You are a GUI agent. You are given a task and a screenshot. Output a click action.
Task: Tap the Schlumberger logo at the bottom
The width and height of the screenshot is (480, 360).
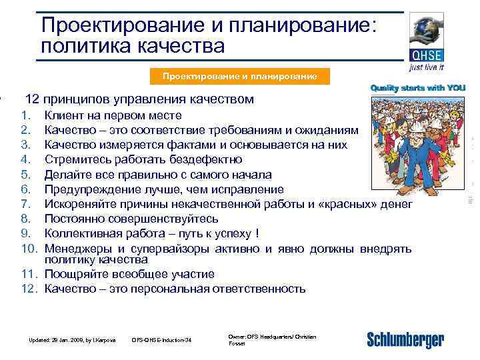tap(405, 339)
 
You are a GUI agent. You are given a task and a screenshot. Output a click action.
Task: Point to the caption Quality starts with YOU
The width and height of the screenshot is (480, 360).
tap(418, 88)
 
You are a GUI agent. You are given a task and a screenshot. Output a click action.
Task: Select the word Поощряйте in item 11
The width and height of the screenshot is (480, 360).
tap(77, 274)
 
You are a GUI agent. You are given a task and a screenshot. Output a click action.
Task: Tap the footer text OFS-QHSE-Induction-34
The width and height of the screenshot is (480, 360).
tap(162, 341)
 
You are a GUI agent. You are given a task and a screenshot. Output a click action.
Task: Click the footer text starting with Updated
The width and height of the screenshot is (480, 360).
tap(72, 341)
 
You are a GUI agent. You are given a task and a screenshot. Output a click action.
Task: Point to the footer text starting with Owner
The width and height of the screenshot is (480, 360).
tap(271, 339)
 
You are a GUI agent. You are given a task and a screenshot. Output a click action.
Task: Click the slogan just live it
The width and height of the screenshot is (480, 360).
tap(427, 68)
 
